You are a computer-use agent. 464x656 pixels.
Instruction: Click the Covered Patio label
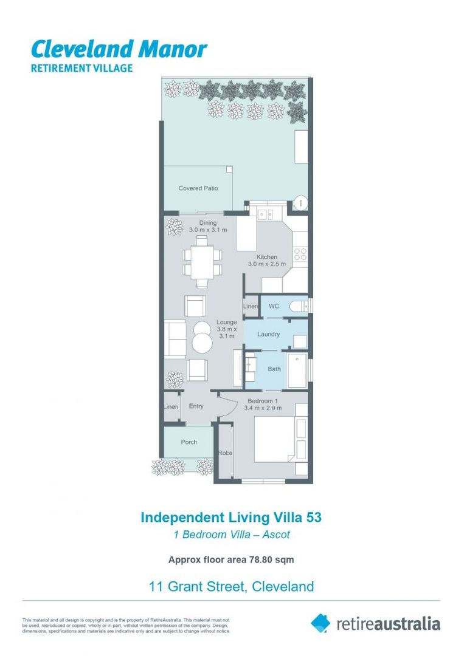pos(198,188)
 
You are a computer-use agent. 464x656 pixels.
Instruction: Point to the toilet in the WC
pos(298,306)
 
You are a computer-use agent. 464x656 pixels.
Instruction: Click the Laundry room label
pos(268,334)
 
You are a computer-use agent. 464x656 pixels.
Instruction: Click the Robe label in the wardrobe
pos(226,453)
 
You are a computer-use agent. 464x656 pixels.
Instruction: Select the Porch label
pos(189,442)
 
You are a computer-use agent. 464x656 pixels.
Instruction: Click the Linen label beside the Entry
pos(171,406)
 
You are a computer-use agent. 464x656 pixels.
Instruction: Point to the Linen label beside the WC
pos(251,307)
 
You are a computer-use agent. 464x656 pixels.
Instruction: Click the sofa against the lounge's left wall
pos(175,339)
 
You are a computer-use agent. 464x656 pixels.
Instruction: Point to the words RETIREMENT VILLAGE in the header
pos(81,68)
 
